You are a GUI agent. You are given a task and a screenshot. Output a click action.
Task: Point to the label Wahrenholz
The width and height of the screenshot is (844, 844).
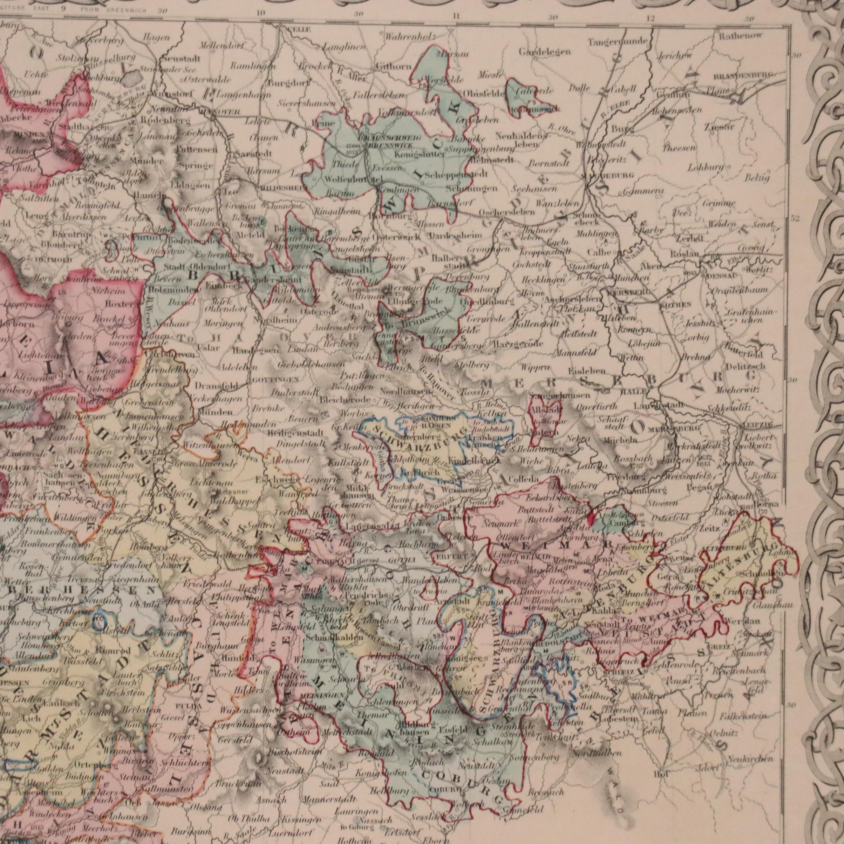coord(410,37)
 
